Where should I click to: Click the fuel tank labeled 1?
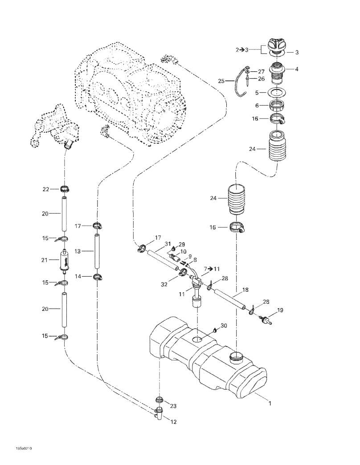coord(208,359)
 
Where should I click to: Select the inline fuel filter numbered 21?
coord(65,261)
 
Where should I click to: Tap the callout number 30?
coord(224,326)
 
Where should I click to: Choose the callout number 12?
coord(173,421)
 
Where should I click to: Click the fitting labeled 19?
coord(265,320)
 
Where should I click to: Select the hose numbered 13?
coord(97,252)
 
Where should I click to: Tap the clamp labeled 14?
coord(97,277)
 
